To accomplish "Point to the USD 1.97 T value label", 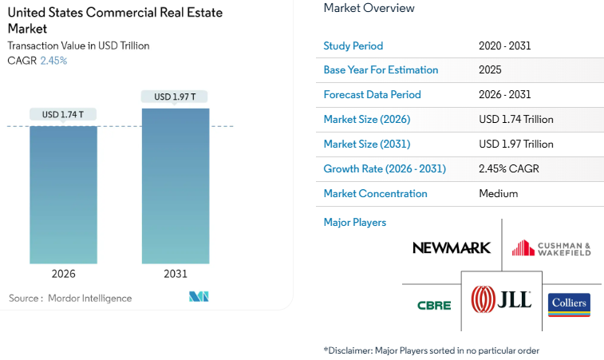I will [175, 97].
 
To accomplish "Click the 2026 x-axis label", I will [63, 274].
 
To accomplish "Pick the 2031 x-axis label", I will [176, 274].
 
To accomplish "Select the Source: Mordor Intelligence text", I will [70, 298].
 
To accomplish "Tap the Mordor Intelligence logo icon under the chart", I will [199, 297].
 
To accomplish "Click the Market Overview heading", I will [369, 8].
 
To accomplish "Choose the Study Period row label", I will [353, 45].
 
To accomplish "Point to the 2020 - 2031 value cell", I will [504, 45].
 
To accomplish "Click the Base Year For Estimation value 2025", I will [490, 70].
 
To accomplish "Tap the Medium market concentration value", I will [498, 193].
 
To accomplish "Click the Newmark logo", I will [451, 247].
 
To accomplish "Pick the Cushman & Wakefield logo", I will [551, 247].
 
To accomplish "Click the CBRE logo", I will [434, 305].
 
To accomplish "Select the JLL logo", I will [501, 300].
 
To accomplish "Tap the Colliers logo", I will [569, 304].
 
